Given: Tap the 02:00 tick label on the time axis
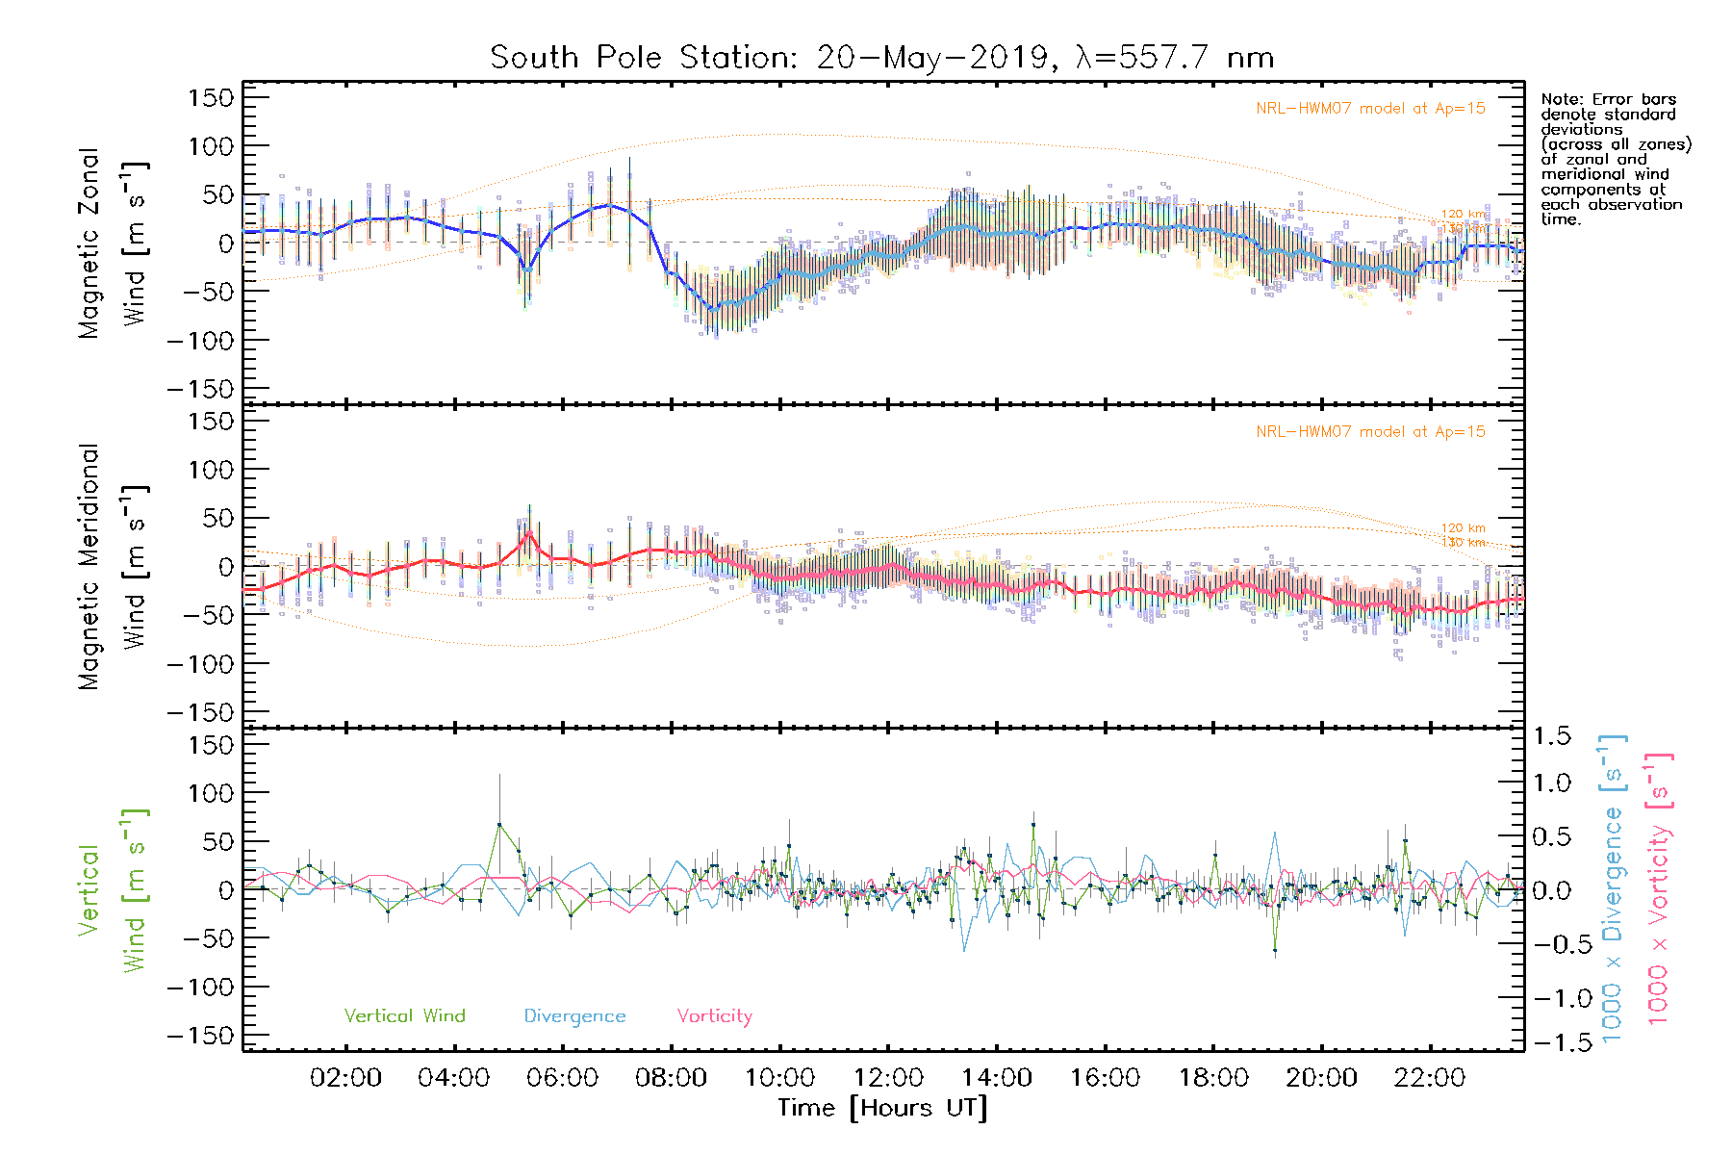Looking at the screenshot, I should (x=345, y=1077).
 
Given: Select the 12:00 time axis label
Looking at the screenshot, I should (x=888, y=1077).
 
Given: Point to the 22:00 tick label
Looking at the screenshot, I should (x=1430, y=1077).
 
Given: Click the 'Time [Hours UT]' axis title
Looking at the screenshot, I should (x=882, y=1108).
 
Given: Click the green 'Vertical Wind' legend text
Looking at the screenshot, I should (x=404, y=1015).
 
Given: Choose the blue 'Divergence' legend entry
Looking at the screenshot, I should (x=574, y=1015).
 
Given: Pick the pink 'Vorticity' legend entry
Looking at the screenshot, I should (x=714, y=1015).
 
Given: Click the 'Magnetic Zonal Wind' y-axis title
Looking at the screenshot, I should (x=113, y=243).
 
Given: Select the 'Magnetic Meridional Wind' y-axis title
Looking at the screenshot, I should (x=113, y=566).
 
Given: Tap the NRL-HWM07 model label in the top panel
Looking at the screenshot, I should (x=1370, y=109).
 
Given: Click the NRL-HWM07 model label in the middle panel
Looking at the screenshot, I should (x=1370, y=432).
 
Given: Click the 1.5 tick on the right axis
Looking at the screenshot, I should (x=1552, y=736).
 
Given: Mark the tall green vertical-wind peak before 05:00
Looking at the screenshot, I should (x=498, y=824).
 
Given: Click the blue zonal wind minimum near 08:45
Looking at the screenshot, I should (x=713, y=308).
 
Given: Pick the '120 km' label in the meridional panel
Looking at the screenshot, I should (x=1463, y=528).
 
